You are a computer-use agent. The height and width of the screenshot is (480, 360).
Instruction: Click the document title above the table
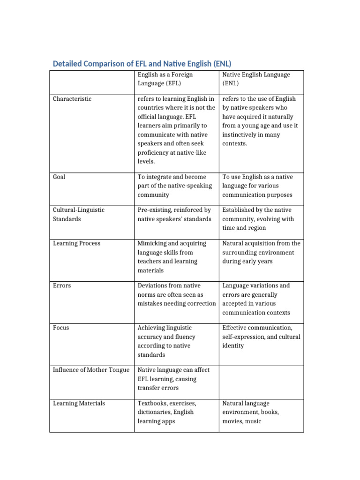click(142, 63)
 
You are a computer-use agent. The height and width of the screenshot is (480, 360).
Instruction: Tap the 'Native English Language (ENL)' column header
click(256, 79)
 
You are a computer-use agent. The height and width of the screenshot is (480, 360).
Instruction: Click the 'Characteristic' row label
click(72, 99)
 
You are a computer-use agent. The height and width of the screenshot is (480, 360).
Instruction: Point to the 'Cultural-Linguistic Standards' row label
click(79, 214)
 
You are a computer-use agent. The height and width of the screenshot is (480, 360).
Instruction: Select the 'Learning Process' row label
click(76, 243)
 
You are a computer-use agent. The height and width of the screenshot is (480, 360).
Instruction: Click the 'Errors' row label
click(62, 285)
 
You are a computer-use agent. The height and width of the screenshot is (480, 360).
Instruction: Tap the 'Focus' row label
click(61, 328)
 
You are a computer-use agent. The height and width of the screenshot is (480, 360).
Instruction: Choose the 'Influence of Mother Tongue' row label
click(91, 370)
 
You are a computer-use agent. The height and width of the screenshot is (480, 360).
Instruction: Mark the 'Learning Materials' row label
click(79, 403)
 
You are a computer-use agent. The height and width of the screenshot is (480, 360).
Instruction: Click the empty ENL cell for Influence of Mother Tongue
click(261, 379)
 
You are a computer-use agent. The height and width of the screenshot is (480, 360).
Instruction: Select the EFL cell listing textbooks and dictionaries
click(166, 412)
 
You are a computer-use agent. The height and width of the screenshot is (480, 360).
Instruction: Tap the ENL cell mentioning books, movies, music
click(251, 412)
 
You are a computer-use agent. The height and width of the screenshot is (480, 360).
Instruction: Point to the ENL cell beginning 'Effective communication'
click(261, 337)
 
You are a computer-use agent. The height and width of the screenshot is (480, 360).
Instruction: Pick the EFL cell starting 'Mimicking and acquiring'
click(172, 257)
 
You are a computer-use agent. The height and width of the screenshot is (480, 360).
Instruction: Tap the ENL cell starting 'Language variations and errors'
click(256, 299)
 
